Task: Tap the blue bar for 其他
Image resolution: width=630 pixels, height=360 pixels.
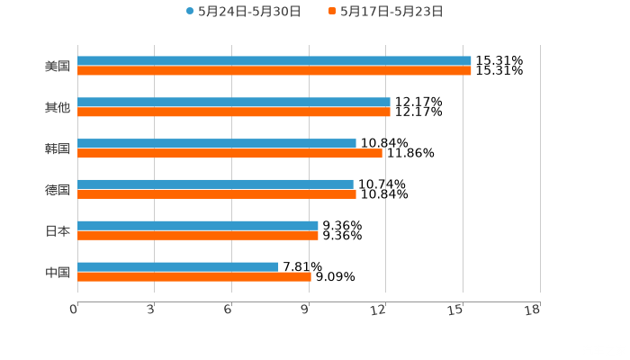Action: tap(234, 103)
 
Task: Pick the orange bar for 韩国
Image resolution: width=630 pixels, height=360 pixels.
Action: tap(229, 154)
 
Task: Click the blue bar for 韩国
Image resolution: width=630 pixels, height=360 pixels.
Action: tap(217, 143)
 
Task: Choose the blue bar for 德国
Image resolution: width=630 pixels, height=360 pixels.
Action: tap(215, 184)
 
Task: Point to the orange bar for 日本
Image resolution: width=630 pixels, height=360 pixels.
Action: tap(198, 236)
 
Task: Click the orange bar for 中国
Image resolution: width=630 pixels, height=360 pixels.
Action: tap(194, 277)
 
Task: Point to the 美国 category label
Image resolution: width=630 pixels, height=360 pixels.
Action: tap(58, 66)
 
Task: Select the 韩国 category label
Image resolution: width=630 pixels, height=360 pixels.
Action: tap(58, 148)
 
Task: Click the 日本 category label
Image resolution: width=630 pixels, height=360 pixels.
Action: tap(58, 230)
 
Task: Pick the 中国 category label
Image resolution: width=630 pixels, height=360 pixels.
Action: tap(58, 272)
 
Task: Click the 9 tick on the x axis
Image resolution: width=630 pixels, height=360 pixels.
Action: tap(306, 310)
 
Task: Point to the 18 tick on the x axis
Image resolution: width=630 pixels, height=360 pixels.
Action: tap(533, 310)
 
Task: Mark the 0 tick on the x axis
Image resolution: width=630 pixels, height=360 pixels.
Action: tap(75, 310)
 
